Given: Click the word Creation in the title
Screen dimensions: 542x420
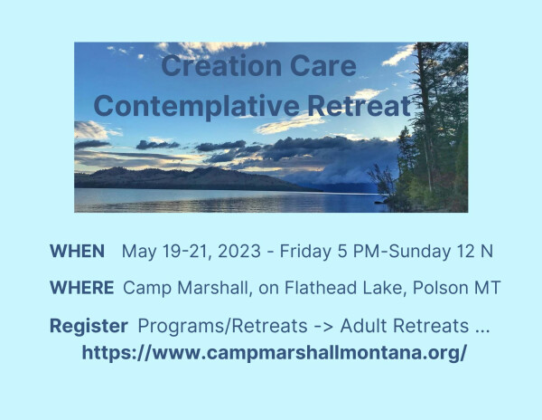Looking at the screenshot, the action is (x=222, y=65).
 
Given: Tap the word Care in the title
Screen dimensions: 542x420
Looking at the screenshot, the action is (x=323, y=65).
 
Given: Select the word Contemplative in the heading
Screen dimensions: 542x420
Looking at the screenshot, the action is (x=196, y=106).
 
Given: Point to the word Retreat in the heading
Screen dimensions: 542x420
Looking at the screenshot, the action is (x=360, y=106).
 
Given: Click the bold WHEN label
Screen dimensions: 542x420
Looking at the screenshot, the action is (x=77, y=251).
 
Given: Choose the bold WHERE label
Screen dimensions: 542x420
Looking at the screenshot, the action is (x=81, y=288).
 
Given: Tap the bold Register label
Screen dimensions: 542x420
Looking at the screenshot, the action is (x=89, y=326).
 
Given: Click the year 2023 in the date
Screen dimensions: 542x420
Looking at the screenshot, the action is (x=239, y=251).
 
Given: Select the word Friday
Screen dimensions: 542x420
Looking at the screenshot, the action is (x=305, y=252).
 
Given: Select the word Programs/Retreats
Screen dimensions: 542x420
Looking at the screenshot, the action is (x=222, y=326).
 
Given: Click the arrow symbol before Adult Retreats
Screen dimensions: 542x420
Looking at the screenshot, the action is (x=324, y=327).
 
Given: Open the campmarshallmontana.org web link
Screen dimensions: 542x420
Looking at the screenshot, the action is (x=275, y=353).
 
